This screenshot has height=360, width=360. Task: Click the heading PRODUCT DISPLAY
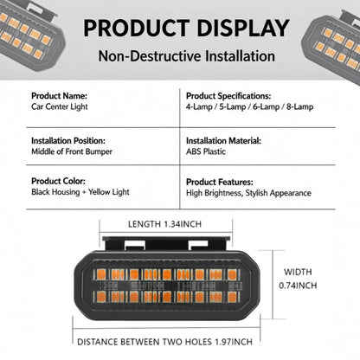point(186,29)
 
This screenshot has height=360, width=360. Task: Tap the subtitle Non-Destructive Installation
point(186,56)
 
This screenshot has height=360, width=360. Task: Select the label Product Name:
point(59,96)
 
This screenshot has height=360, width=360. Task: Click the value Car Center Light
point(60,106)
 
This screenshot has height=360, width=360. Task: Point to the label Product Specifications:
point(228,96)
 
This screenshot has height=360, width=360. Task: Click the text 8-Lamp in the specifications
point(299,106)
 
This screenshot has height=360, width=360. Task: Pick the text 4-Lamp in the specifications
point(199,106)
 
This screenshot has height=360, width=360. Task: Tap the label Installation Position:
point(68,141)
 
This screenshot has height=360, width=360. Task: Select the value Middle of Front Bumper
point(72,151)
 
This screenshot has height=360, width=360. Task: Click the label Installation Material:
point(223,141)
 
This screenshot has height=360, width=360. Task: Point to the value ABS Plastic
point(206,151)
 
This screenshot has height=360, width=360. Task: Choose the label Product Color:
point(58,181)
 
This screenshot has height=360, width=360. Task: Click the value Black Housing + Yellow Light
point(80,192)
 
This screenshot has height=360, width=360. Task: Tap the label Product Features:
point(220,182)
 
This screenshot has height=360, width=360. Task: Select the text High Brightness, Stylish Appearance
point(248,193)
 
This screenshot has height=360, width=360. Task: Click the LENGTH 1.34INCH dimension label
point(164,224)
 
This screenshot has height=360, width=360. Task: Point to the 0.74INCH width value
point(298,286)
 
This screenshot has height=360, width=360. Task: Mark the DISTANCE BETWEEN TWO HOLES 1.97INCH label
point(164,342)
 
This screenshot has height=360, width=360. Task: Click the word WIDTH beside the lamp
point(298,272)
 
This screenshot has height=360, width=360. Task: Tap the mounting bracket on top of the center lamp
point(166,243)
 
